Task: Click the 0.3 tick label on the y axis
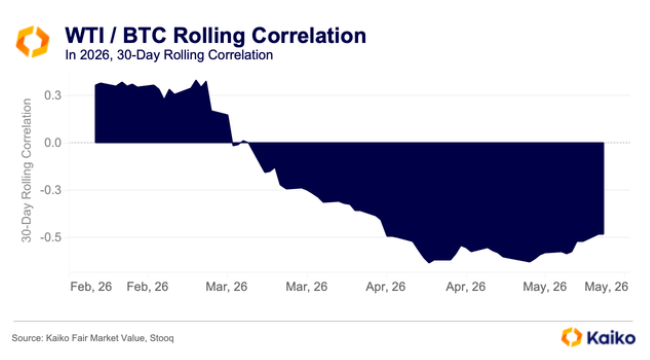pyautogui.click(x=53, y=95)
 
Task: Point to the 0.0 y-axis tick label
pyautogui.click(x=53, y=143)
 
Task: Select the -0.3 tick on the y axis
pyautogui.click(x=51, y=190)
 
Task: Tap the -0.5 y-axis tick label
pyautogui.click(x=51, y=238)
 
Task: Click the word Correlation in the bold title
pyautogui.click(x=309, y=36)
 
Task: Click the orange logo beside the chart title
pyautogui.click(x=33, y=41)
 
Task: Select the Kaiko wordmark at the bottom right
pyautogui.click(x=611, y=338)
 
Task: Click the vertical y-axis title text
pyautogui.click(x=26, y=170)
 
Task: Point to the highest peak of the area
pyautogui.click(x=196, y=80)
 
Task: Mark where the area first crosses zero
pyautogui.click(x=232, y=143)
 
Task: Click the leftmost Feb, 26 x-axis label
pyautogui.click(x=91, y=287)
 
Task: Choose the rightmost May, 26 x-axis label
pyautogui.click(x=606, y=287)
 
